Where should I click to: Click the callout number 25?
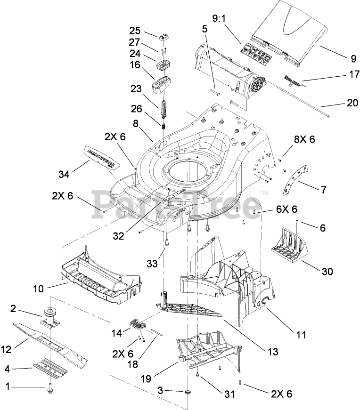tap(135, 31)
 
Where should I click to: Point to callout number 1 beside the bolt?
tap(7, 387)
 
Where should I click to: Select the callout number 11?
tap(301, 335)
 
